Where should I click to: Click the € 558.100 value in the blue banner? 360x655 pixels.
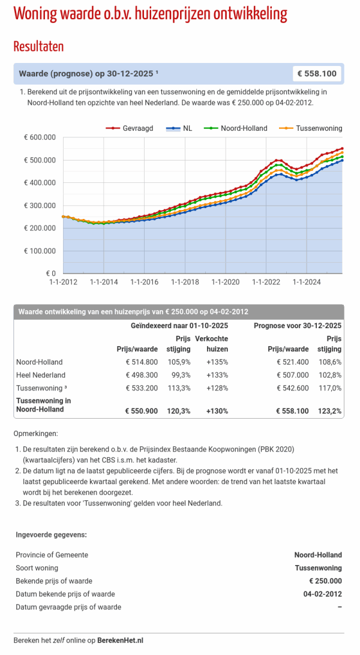[317, 74]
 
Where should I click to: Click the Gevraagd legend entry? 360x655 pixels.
[129, 128]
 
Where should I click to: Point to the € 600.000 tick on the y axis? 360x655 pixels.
[40, 137]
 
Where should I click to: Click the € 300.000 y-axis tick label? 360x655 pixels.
[40, 206]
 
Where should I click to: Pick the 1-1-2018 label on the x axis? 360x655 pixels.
[185, 282]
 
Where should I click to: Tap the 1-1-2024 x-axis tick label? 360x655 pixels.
[307, 282]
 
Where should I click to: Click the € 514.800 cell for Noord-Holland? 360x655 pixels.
[142, 362]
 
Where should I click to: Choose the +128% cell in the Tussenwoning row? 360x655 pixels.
[217, 388]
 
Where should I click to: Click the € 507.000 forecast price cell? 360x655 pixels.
[293, 375]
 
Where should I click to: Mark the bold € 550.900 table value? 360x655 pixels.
[142, 411]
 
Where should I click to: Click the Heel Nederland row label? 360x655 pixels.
[41, 375]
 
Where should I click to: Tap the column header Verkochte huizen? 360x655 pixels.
[212, 343]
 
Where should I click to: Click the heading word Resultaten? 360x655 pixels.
[38, 46]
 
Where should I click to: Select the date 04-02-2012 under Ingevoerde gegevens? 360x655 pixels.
[322, 594]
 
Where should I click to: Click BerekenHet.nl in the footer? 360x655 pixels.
[120, 640]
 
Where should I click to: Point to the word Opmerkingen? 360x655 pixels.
[35, 434]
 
